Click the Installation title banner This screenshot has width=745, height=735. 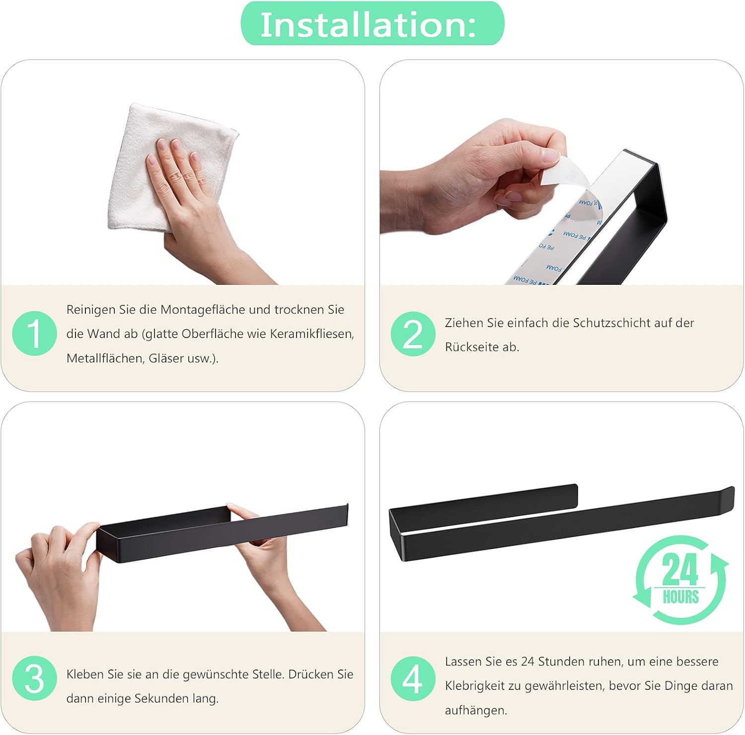[372, 24]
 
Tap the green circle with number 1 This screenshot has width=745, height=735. [34, 333]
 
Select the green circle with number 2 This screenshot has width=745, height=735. [413, 334]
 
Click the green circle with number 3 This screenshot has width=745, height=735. [34, 678]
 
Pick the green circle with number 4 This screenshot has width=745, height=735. [413, 678]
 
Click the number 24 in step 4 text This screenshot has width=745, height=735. [527, 662]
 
